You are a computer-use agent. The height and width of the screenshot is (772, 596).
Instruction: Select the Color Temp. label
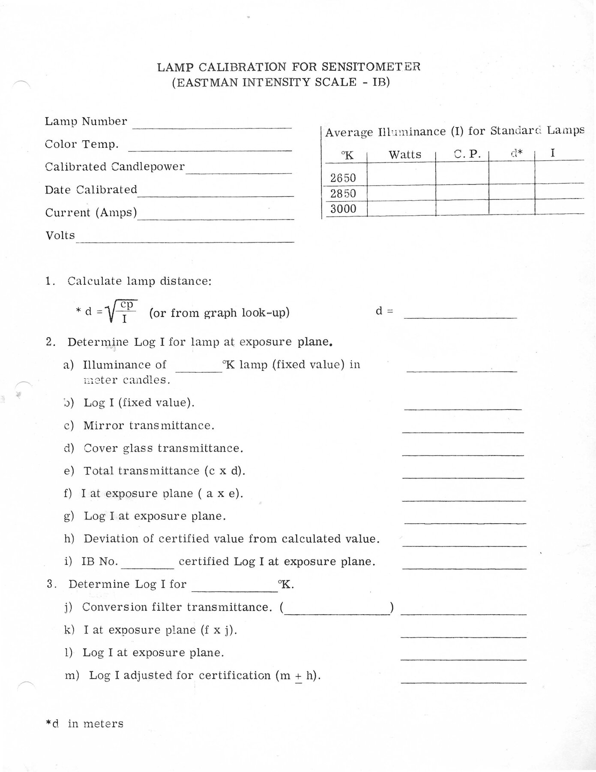(82, 145)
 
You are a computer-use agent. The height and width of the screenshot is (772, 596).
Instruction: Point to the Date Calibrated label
(91, 190)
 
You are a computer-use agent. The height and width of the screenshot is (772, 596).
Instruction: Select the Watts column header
(405, 155)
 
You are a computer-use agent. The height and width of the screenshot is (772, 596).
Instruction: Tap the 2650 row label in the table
(343, 178)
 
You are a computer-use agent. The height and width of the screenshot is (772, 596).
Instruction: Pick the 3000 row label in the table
(343, 209)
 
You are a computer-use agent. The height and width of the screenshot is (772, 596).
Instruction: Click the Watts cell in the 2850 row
(401, 193)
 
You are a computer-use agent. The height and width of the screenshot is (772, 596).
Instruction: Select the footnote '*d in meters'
(84, 724)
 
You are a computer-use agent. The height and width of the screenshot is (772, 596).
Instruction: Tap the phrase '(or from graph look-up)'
(219, 313)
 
